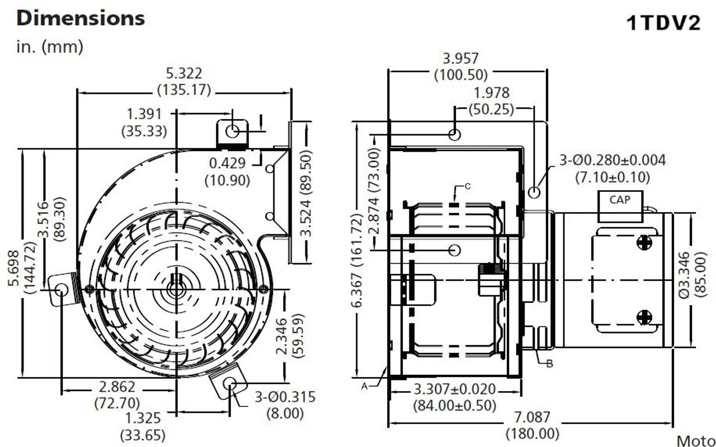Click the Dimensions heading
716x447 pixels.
click(81, 18)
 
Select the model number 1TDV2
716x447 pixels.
click(662, 23)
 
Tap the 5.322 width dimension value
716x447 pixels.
click(184, 73)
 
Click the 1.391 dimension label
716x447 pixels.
click(144, 114)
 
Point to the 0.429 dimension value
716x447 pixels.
click(228, 163)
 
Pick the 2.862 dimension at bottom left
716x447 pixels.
click(117, 387)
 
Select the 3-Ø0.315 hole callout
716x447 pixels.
click(285, 397)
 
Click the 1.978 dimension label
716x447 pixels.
click(491, 93)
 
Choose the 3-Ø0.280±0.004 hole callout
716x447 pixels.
click(613, 161)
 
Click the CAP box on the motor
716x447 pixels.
click(619, 200)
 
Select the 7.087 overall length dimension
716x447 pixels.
click(531, 417)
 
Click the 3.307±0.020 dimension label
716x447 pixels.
click(454, 389)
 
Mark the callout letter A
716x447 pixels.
click(365, 385)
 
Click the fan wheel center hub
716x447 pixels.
click(177, 290)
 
